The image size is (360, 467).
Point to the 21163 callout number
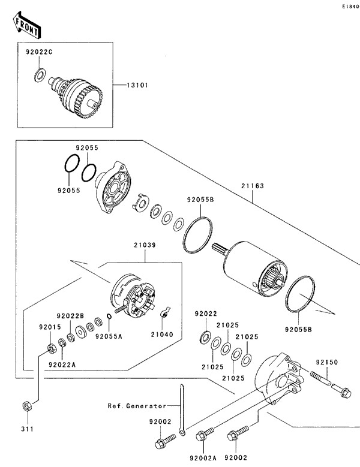(253, 186)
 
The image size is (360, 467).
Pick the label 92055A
(109, 336)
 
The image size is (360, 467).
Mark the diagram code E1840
(349, 6)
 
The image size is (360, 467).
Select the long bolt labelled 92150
(329, 383)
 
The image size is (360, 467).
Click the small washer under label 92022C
(40, 74)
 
